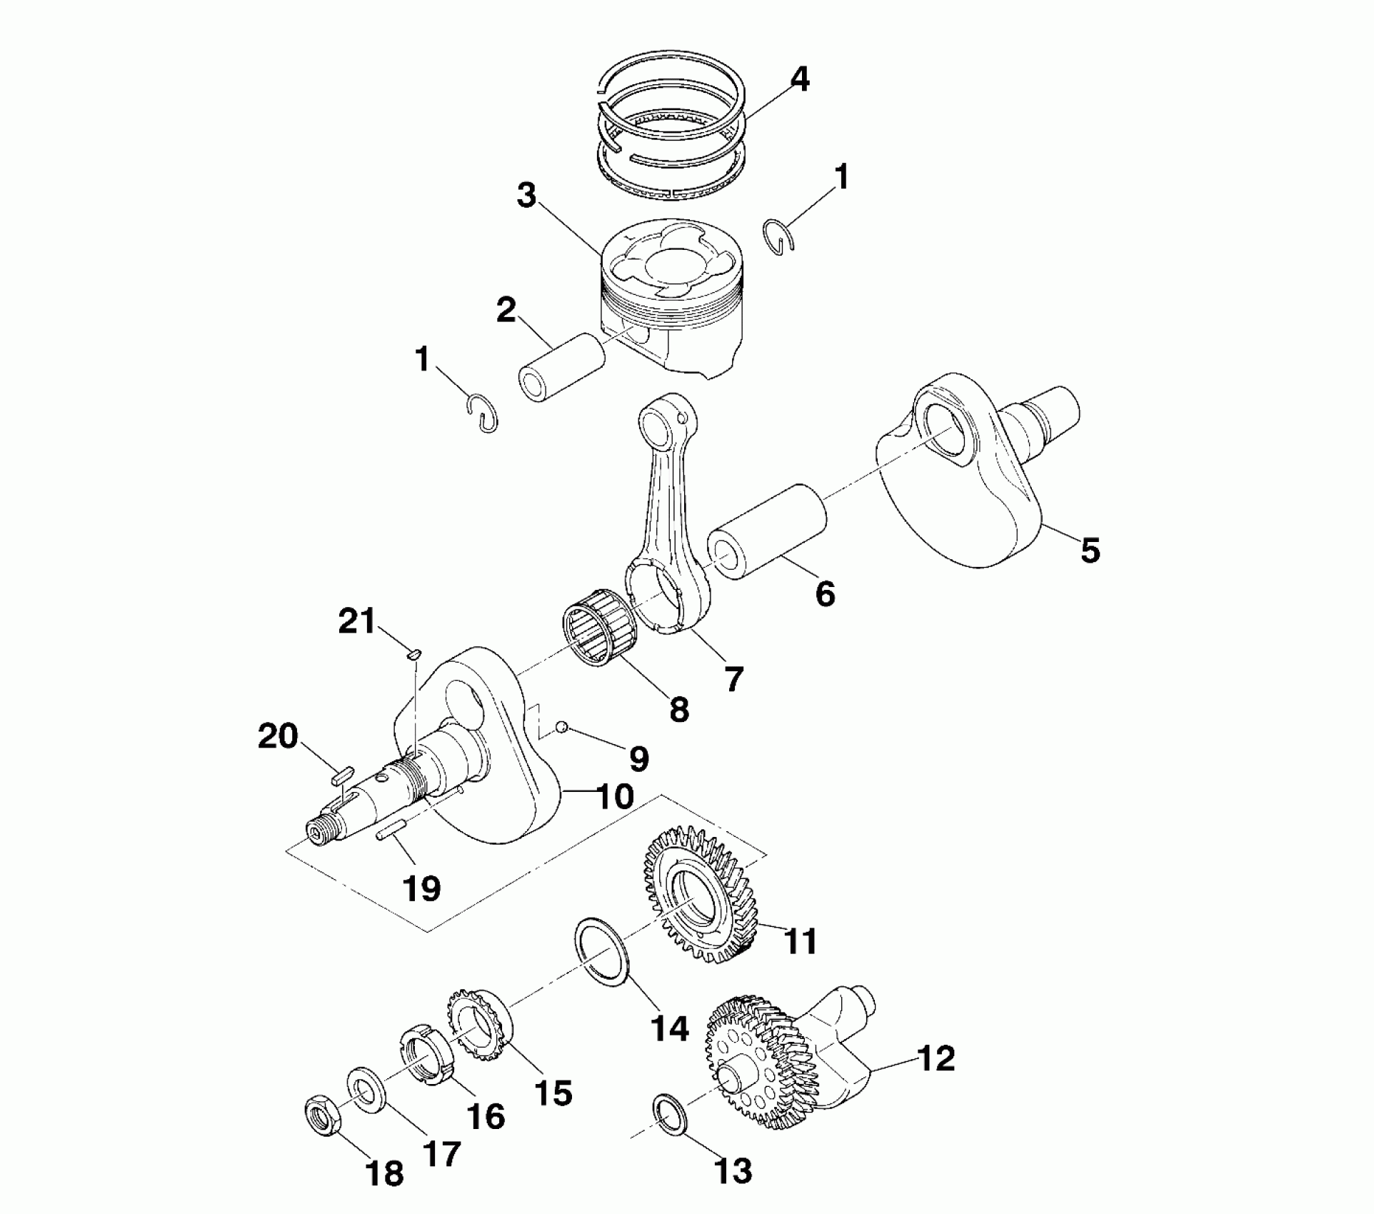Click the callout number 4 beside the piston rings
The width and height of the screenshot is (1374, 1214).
tap(799, 79)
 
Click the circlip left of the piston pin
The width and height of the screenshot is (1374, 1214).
tap(482, 413)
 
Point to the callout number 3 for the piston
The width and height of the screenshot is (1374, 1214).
tap(526, 194)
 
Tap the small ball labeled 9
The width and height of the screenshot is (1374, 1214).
tap(562, 727)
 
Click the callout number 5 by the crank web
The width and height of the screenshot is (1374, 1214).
tap(1090, 550)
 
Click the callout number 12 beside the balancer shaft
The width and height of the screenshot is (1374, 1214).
tap(936, 1058)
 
